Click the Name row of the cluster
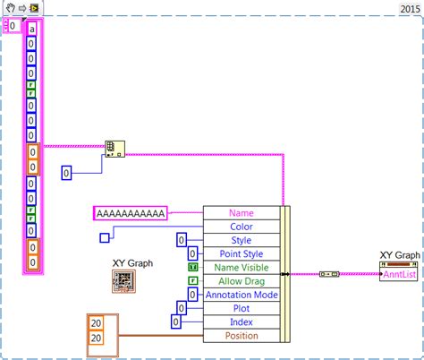[x=241, y=213]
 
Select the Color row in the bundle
[x=241, y=227]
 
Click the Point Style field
[x=241, y=253]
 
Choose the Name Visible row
[x=241, y=267]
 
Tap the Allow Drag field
[x=241, y=280]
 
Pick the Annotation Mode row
[x=241, y=295]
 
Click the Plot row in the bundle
[x=241, y=308]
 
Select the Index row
[x=241, y=321]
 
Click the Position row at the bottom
[x=241, y=335]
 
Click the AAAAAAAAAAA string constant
[x=130, y=213]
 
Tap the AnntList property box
[x=400, y=274]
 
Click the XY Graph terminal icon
[x=124, y=282]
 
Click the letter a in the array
[x=32, y=28]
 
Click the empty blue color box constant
[x=105, y=237]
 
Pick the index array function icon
[x=114, y=148]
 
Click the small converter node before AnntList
[x=327, y=274]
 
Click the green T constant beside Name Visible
[x=192, y=267]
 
